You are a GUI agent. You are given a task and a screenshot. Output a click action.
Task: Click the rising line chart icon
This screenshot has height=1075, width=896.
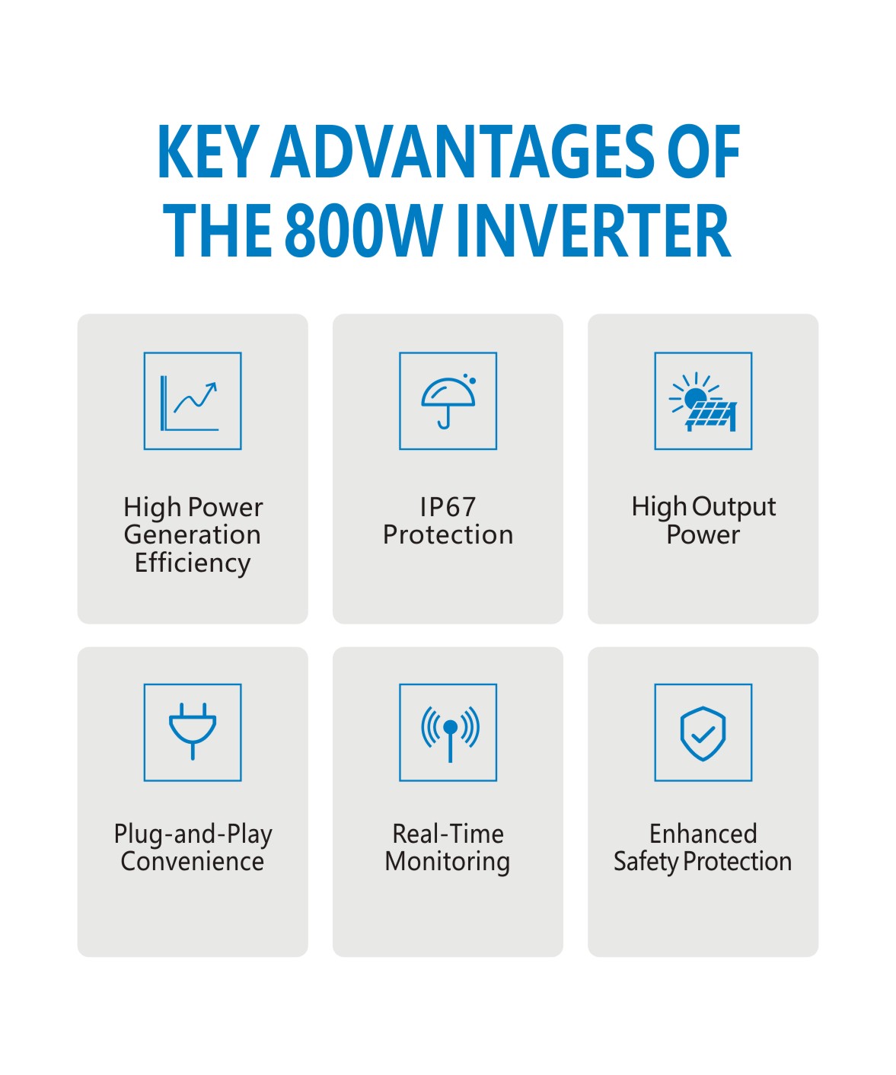click(193, 401)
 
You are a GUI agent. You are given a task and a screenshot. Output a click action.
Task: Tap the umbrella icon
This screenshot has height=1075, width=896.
click(448, 401)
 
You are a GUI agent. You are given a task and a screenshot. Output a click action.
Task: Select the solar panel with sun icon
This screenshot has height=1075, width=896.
click(703, 401)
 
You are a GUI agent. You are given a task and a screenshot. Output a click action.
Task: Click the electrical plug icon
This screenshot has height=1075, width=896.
click(193, 732)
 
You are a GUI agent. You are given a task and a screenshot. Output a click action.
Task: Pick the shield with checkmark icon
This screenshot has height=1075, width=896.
click(703, 732)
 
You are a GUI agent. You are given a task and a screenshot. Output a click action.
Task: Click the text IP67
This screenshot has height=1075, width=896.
click(448, 507)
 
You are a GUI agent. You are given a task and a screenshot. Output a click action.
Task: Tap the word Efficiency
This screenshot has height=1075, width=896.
click(193, 563)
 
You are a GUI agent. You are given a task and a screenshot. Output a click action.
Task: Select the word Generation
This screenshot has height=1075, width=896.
click(193, 534)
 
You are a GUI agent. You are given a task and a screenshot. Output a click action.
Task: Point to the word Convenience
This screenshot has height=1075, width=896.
click(193, 861)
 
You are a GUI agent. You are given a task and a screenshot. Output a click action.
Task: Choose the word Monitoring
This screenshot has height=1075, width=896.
click(448, 862)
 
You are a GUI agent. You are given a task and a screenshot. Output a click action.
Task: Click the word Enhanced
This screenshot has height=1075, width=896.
click(703, 834)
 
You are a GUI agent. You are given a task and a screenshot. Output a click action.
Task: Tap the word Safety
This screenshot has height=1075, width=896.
click(646, 862)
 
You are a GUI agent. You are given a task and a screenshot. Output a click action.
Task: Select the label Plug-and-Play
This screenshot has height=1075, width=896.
click(193, 834)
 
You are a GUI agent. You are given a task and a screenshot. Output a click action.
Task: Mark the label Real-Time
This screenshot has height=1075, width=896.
click(448, 834)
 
